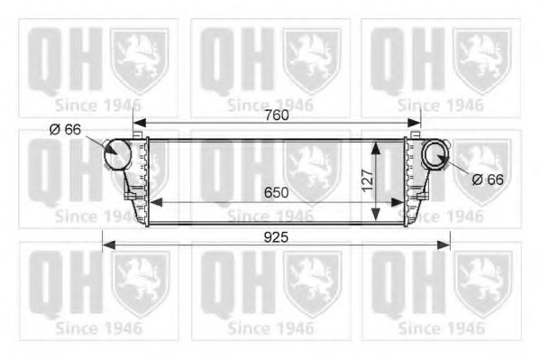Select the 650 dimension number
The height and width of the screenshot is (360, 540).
(x=277, y=192)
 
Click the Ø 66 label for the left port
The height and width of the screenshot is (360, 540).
(x=65, y=130)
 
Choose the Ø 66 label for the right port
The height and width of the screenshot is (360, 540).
(x=488, y=180)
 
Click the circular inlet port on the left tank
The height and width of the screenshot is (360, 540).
(x=117, y=155)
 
